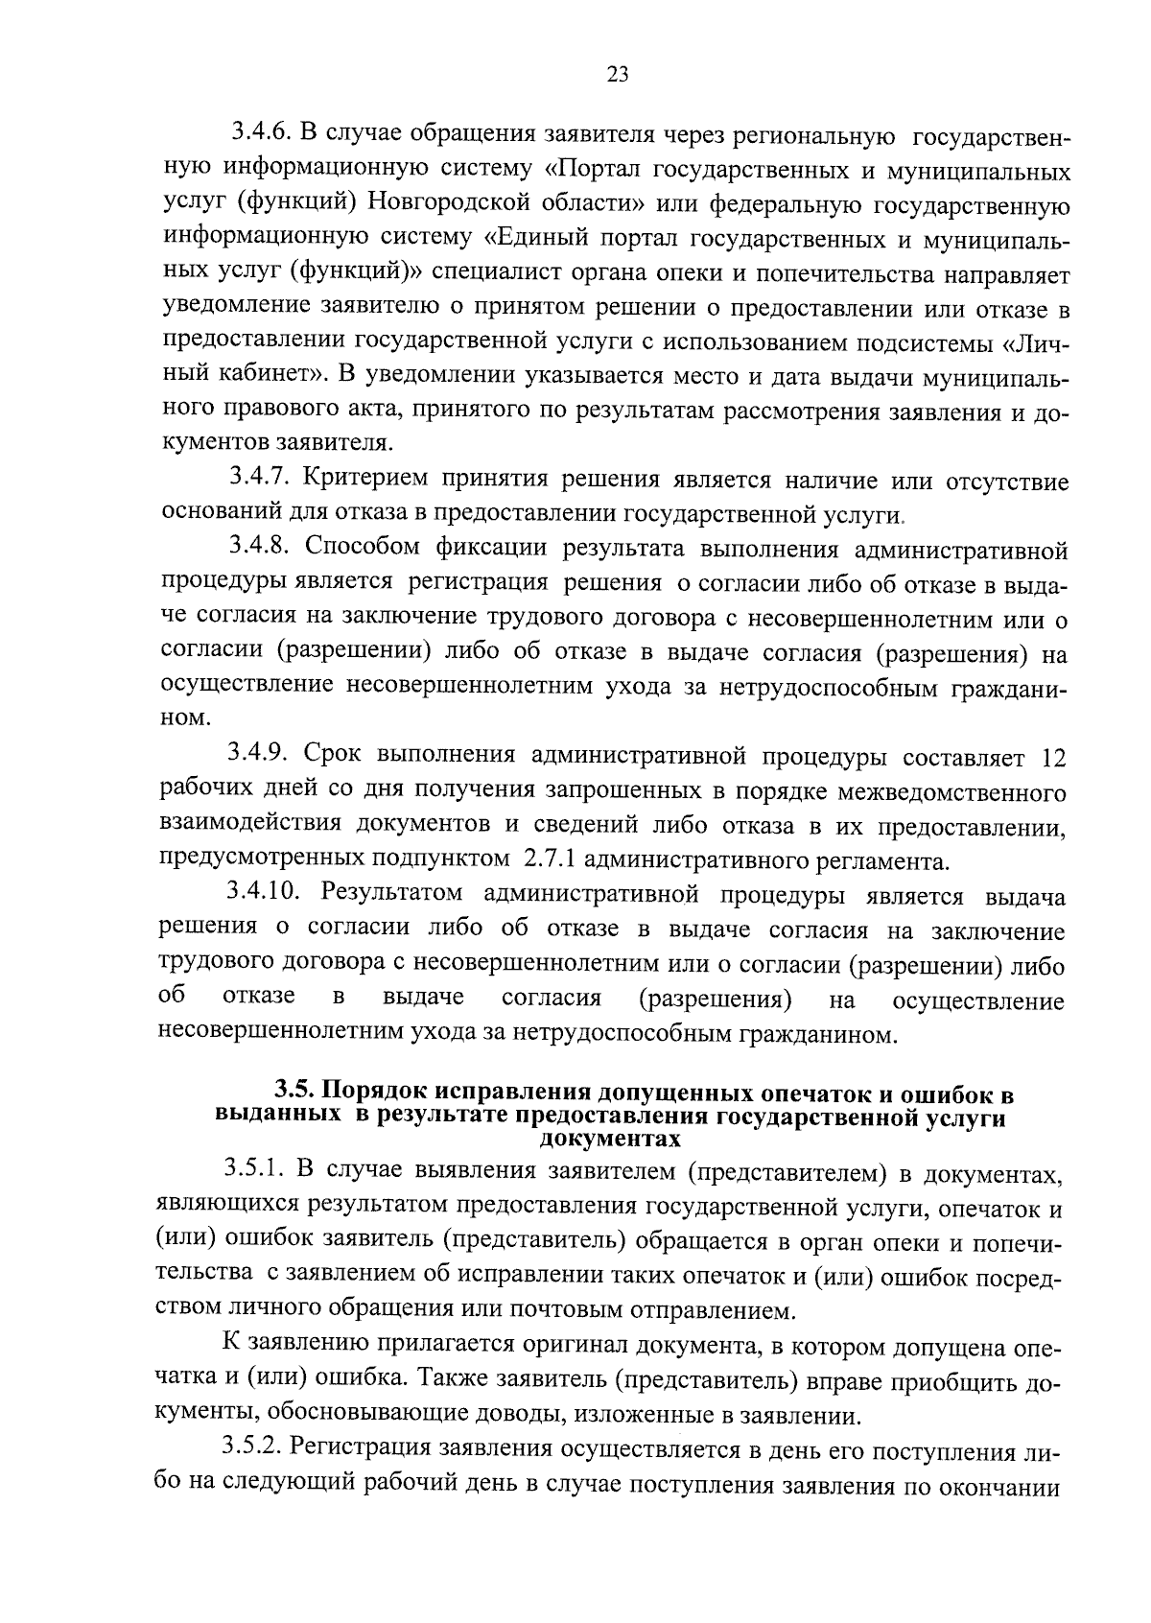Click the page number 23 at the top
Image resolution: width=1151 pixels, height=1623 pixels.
(618, 75)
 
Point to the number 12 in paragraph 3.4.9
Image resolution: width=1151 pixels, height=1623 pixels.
(1053, 757)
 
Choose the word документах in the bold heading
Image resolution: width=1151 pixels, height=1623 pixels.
(610, 1140)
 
